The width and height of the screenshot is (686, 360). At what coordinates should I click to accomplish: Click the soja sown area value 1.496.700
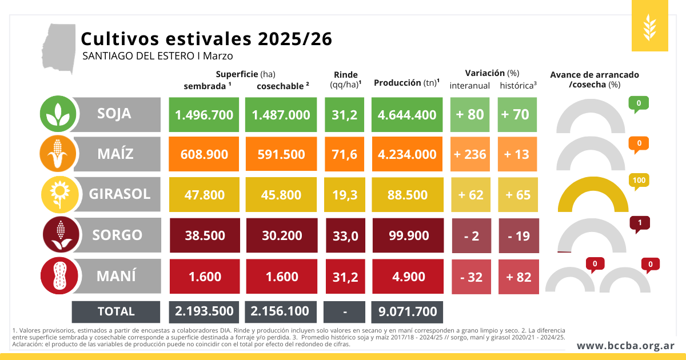204,114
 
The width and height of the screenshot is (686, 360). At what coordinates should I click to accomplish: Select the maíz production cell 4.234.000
407,154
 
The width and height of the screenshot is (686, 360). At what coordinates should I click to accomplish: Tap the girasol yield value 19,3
345,195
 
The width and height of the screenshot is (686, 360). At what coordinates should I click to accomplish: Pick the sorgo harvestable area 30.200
281,235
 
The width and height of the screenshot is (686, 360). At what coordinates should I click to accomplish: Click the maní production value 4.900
407,277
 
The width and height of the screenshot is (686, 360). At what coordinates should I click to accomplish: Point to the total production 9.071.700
407,311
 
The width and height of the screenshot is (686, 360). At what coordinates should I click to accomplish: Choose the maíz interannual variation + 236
470,154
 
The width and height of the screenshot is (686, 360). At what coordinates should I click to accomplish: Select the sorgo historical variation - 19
519,235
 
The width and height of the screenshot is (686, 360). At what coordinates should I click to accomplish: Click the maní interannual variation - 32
470,277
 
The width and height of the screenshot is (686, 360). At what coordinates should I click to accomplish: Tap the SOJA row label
114,113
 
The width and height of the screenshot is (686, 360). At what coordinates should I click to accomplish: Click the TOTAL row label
116,311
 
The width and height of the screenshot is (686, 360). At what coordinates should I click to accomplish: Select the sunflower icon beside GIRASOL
58,195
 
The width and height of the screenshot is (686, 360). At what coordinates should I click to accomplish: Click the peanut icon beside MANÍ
58,277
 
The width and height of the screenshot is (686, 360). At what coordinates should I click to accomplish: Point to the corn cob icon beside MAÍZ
58,154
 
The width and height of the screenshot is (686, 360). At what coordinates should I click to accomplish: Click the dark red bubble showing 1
639,222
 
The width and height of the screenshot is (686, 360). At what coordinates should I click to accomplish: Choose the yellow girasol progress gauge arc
591,194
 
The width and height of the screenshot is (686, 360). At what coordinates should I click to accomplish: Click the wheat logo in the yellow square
649,26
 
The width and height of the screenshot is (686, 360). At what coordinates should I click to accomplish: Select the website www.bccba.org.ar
625,346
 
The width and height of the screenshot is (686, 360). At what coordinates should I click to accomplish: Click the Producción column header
406,83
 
